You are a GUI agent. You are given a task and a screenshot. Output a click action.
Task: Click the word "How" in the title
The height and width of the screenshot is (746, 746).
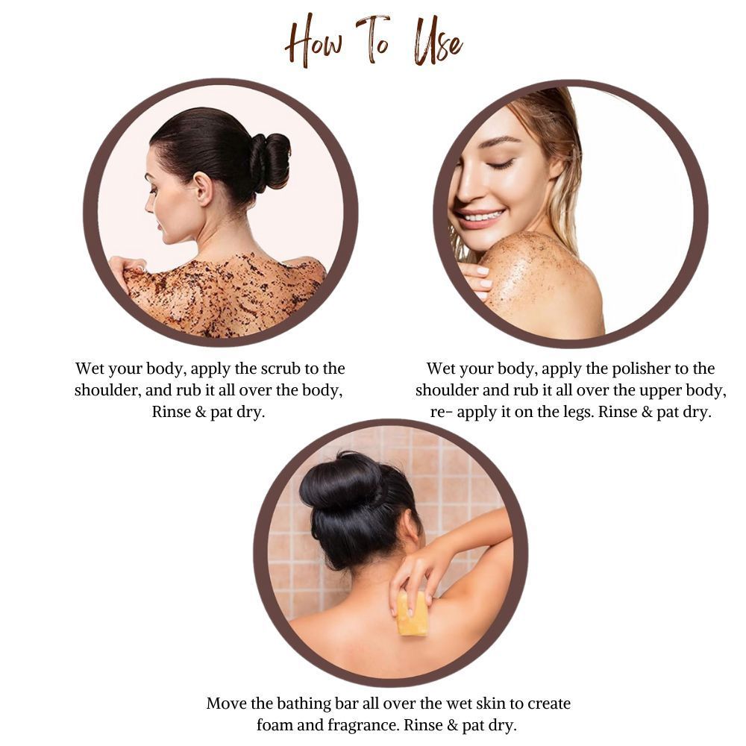pos(314,42)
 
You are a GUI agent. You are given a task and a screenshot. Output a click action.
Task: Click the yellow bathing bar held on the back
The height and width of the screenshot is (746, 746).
pos(412,613)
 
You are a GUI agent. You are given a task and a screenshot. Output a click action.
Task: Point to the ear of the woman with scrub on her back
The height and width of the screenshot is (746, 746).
pos(204,189)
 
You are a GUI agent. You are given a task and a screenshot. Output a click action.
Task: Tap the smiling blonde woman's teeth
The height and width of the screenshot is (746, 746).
pos(481,218)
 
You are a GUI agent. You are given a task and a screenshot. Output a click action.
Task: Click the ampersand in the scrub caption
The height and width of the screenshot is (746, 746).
pos(200,412)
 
